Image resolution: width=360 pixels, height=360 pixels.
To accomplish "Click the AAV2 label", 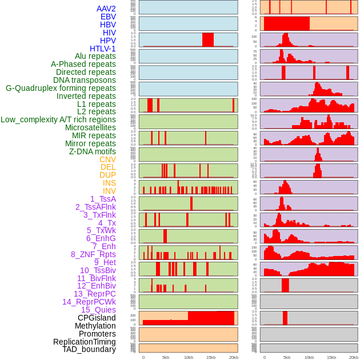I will (106, 9).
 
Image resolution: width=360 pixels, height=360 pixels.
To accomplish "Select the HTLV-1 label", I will (103, 49).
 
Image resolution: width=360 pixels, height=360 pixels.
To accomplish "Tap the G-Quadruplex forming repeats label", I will (61, 88).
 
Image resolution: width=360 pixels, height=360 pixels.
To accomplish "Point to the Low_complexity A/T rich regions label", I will (58, 119).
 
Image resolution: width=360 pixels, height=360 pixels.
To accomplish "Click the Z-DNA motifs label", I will (93, 151).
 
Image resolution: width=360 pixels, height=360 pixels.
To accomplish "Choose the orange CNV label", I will (107, 159).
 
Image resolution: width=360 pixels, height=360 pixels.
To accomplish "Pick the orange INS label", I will (109, 183).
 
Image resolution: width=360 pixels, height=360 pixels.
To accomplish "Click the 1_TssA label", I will (103, 199).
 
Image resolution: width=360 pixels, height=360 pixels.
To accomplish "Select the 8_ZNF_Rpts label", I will (93, 254).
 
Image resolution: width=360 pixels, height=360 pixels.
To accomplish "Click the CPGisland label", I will (97, 318).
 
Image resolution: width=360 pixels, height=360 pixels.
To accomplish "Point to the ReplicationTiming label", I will (85, 342).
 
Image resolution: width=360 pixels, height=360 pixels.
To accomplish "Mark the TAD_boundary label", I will (89, 349).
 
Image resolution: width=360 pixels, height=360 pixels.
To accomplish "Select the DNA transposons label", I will (85, 80).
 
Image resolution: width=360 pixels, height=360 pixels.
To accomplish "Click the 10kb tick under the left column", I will (189, 357).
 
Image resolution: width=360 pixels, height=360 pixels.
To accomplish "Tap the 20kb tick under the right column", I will (354, 357).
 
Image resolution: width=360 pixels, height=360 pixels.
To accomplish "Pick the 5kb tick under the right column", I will (287, 357).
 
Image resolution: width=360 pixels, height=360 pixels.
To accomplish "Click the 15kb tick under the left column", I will (211, 357).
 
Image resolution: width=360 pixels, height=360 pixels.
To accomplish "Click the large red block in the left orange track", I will (211, 318).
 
